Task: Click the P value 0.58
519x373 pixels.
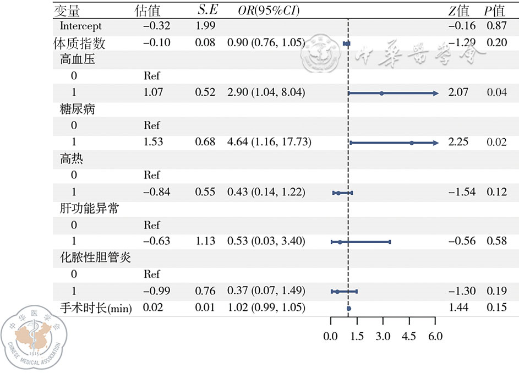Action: point(496,242)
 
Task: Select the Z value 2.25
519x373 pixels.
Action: point(459,142)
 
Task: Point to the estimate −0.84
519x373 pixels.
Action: point(157,192)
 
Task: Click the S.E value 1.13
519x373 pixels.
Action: point(205,242)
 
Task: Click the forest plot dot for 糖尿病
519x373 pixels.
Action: point(411,142)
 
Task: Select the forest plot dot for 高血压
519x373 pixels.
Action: point(381,93)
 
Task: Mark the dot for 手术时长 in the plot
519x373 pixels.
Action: point(348,309)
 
